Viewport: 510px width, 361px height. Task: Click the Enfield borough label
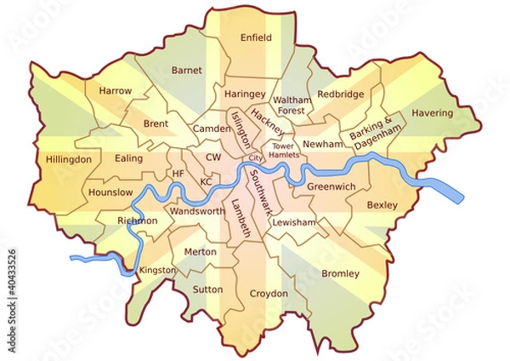pyautogui.click(x=256, y=37)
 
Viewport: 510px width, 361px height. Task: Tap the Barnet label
pyautogui.click(x=186, y=70)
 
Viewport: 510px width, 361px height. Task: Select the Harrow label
pyautogui.click(x=115, y=89)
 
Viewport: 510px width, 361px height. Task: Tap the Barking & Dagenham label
pyautogui.click(x=374, y=134)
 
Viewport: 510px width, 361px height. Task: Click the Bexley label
pyautogui.click(x=382, y=205)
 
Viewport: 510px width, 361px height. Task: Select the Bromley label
pyautogui.click(x=340, y=273)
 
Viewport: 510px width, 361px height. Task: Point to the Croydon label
pyautogui.click(x=269, y=294)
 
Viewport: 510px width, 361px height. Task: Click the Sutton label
pyautogui.click(x=208, y=289)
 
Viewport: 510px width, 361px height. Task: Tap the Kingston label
pyautogui.click(x=157, y=270)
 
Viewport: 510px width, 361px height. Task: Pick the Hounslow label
pyautogui.click(x=110, y=192)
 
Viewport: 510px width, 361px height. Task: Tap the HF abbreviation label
pyautogui.click(x=178, y=174)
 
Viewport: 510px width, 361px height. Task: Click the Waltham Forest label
pyautogui.click(x=292, y=105)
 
